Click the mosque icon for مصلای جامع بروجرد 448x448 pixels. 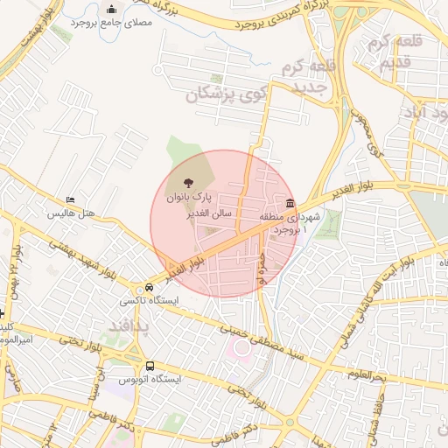[x=111, y=10]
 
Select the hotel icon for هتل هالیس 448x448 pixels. [x=71, y=200]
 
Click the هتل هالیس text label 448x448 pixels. [x=70, y=213]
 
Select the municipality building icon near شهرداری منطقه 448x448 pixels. [x=290, y=203]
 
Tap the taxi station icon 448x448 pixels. [x=139, y=289]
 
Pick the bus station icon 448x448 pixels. [x=150, y=366]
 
